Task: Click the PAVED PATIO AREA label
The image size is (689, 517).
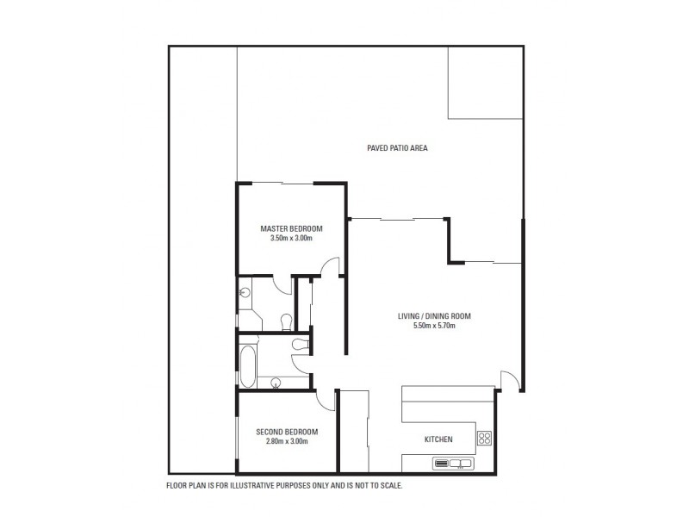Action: [397, 148]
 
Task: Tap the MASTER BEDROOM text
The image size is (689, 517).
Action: [291, 228]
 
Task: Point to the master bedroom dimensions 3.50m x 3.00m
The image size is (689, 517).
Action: [291, 238]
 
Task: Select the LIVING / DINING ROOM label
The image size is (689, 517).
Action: [434, 316]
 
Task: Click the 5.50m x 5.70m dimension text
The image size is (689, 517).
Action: [434, 326]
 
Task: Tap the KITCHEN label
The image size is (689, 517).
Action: [438, 440]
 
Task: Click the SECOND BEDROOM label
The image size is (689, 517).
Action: [288, 432]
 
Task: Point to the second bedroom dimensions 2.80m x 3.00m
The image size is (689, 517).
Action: [288, 441]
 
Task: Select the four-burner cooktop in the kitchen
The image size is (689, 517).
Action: [484, 439]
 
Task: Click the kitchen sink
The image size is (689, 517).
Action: [453, 464]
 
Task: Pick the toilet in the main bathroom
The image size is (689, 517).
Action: [299, 345]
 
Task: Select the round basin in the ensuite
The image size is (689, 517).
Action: [244, 292]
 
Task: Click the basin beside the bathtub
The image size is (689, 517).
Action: [276, 383]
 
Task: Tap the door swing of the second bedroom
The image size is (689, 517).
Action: [325, 400]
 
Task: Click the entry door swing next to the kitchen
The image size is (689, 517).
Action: [510, 380]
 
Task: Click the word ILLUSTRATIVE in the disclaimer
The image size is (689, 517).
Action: [250, 486]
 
